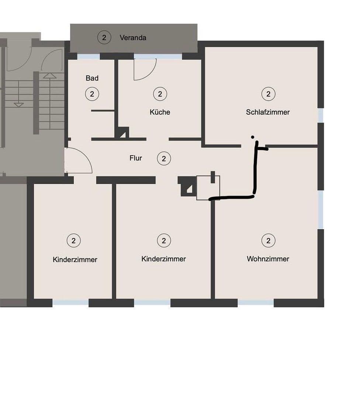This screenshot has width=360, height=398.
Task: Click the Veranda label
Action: pos(133,38)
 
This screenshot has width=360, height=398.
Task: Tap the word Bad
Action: pos(92,78)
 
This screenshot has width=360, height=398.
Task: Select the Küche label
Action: pos(160,112)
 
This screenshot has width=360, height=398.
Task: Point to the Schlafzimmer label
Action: pos(268,112)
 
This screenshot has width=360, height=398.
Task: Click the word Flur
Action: pos(136,158)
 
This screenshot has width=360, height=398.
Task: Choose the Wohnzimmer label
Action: pos(268,259)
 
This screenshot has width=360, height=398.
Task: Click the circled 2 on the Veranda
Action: pos(104,37)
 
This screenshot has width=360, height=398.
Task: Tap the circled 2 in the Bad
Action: pos(92,94)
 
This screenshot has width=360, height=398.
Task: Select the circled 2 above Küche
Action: pos(160,94)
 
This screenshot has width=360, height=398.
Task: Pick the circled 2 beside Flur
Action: pos(164,159)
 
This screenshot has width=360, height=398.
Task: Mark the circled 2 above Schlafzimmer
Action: pos(268,94)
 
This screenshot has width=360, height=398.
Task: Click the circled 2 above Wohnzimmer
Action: pos(268,241)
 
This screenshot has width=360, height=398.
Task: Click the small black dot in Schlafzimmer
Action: pos(252,137)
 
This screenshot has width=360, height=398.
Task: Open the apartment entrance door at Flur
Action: pos(79,161)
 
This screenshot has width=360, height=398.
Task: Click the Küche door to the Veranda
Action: pos(145,69)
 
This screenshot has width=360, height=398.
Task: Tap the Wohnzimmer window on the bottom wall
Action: pos(256,303)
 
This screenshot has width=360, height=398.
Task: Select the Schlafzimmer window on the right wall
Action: pos(321,115)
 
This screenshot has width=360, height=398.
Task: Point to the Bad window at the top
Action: pos(89,56)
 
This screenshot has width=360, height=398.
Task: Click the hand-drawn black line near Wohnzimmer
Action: pos(254,173)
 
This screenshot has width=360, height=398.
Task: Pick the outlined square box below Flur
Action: pos(208,188)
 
